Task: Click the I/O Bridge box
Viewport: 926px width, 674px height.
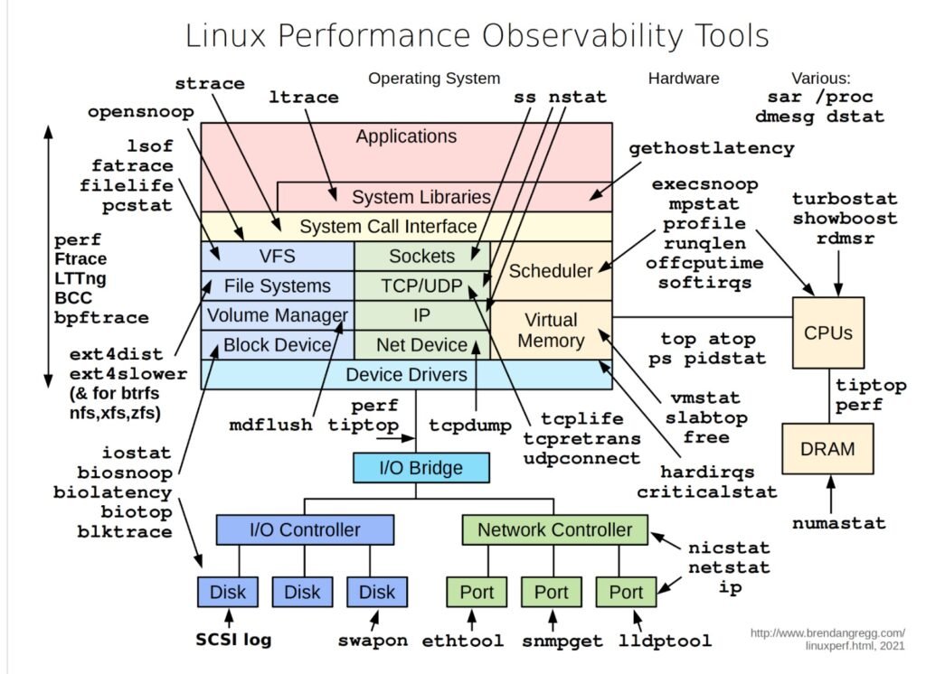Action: (420, 468)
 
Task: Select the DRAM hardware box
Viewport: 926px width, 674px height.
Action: (828, 448)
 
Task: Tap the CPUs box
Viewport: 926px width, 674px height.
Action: (828, 332)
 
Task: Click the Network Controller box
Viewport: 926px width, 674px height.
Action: (554, 529)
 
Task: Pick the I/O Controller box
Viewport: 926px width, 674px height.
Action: (305, 529)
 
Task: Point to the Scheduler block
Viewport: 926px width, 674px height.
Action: (551, 270)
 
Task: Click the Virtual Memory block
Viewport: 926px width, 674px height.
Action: (551, 330)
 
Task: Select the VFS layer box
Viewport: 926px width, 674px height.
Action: (277, 256)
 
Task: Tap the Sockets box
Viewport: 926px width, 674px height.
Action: (421, 256)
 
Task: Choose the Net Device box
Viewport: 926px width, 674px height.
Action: (421, 344)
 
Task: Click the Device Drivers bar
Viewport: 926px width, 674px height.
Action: (406, 374)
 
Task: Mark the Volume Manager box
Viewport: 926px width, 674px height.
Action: (277, 315)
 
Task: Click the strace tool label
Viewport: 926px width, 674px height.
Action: (209, 83)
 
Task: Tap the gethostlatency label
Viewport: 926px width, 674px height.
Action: (711, 147)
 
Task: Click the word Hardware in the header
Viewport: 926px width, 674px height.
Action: (684, 79)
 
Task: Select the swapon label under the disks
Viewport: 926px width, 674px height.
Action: (373, 641)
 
